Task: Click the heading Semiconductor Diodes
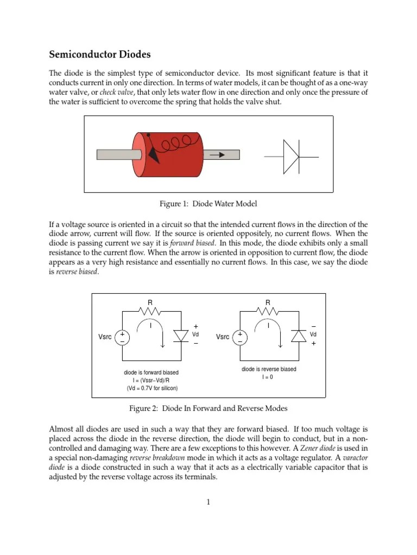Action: tap(100, 55)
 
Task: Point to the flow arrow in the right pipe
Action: tap(217, 154)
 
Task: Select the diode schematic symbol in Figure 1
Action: tap(291, 156)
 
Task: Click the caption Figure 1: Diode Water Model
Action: tap(208, 204)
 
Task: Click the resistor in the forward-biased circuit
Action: tap(150, 312)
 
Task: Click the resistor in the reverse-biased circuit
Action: tap(268, 312)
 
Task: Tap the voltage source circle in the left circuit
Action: tap(122, 337)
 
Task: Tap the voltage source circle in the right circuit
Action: tap(239, 337)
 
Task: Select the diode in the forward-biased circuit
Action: tap(180, 336)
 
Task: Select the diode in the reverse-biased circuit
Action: tap(298, 336)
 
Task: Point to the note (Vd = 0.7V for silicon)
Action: tap(152, 388)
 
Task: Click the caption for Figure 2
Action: tap(208, 408)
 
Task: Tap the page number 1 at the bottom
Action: tap(208, 502)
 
